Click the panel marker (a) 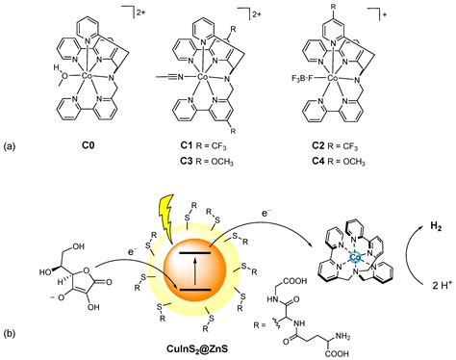pyautogui.click(x=12, y=147)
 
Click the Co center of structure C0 pyautogui.click(x=87, y=73)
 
